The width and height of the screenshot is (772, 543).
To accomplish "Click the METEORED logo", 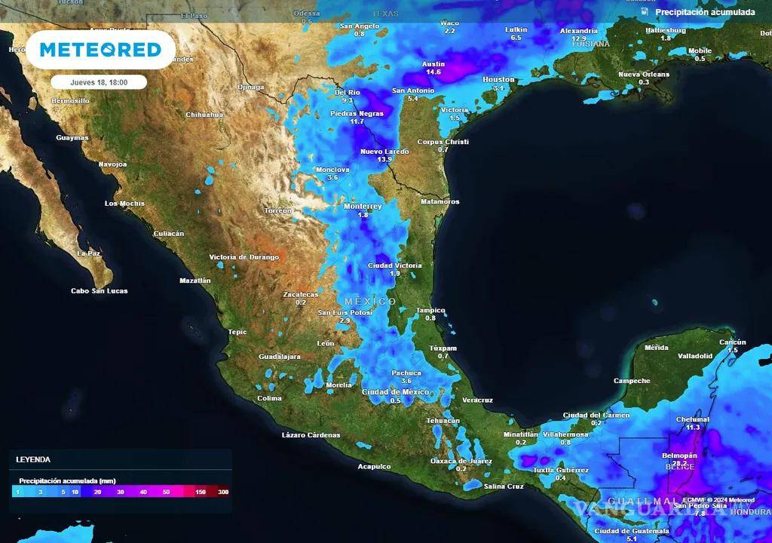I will [100, 50].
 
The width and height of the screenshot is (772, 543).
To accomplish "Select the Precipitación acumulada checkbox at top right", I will [645, 12].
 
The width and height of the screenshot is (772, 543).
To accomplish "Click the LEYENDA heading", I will [33, 459].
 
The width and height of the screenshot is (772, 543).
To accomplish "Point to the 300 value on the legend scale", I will [223, 492].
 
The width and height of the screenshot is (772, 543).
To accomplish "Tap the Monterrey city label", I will [363, 206].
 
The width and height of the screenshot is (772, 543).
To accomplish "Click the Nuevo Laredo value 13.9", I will [384, 160].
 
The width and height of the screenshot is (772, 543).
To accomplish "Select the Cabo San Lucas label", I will [99, 290].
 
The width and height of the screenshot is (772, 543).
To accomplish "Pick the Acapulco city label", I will [374, 466].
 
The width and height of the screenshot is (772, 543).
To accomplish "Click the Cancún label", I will [732, 342].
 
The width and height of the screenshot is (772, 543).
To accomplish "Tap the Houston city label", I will [498, 79].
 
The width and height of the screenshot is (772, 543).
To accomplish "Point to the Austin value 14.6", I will [433, 72].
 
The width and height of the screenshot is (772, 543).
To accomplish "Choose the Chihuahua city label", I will [204, 115].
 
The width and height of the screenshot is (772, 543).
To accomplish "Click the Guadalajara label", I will [280, 356].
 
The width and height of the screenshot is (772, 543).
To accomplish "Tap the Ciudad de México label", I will [396, 391].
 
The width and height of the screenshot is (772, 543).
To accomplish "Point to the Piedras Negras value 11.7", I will [357, 121].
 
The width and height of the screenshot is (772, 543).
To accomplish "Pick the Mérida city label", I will [657, 348].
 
